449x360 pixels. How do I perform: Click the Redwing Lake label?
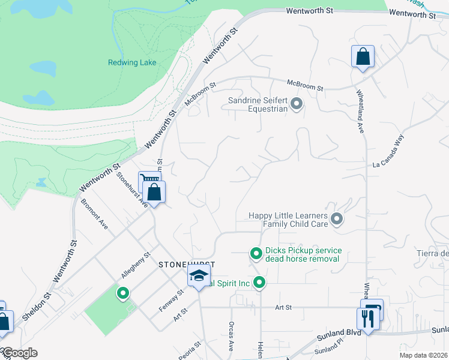click(132, 62)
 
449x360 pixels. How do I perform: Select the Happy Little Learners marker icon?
click(337, 220)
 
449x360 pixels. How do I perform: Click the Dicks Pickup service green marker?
click(256, 254)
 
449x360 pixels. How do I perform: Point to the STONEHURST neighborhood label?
click(186, 264)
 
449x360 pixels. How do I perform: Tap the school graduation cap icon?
click(197, 277)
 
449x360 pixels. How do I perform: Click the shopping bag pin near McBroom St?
click(363, 57)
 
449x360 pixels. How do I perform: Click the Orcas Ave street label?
click(231, 335)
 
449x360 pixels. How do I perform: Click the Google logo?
click(19, 353)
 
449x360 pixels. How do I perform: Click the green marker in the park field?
click(123, 293)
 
